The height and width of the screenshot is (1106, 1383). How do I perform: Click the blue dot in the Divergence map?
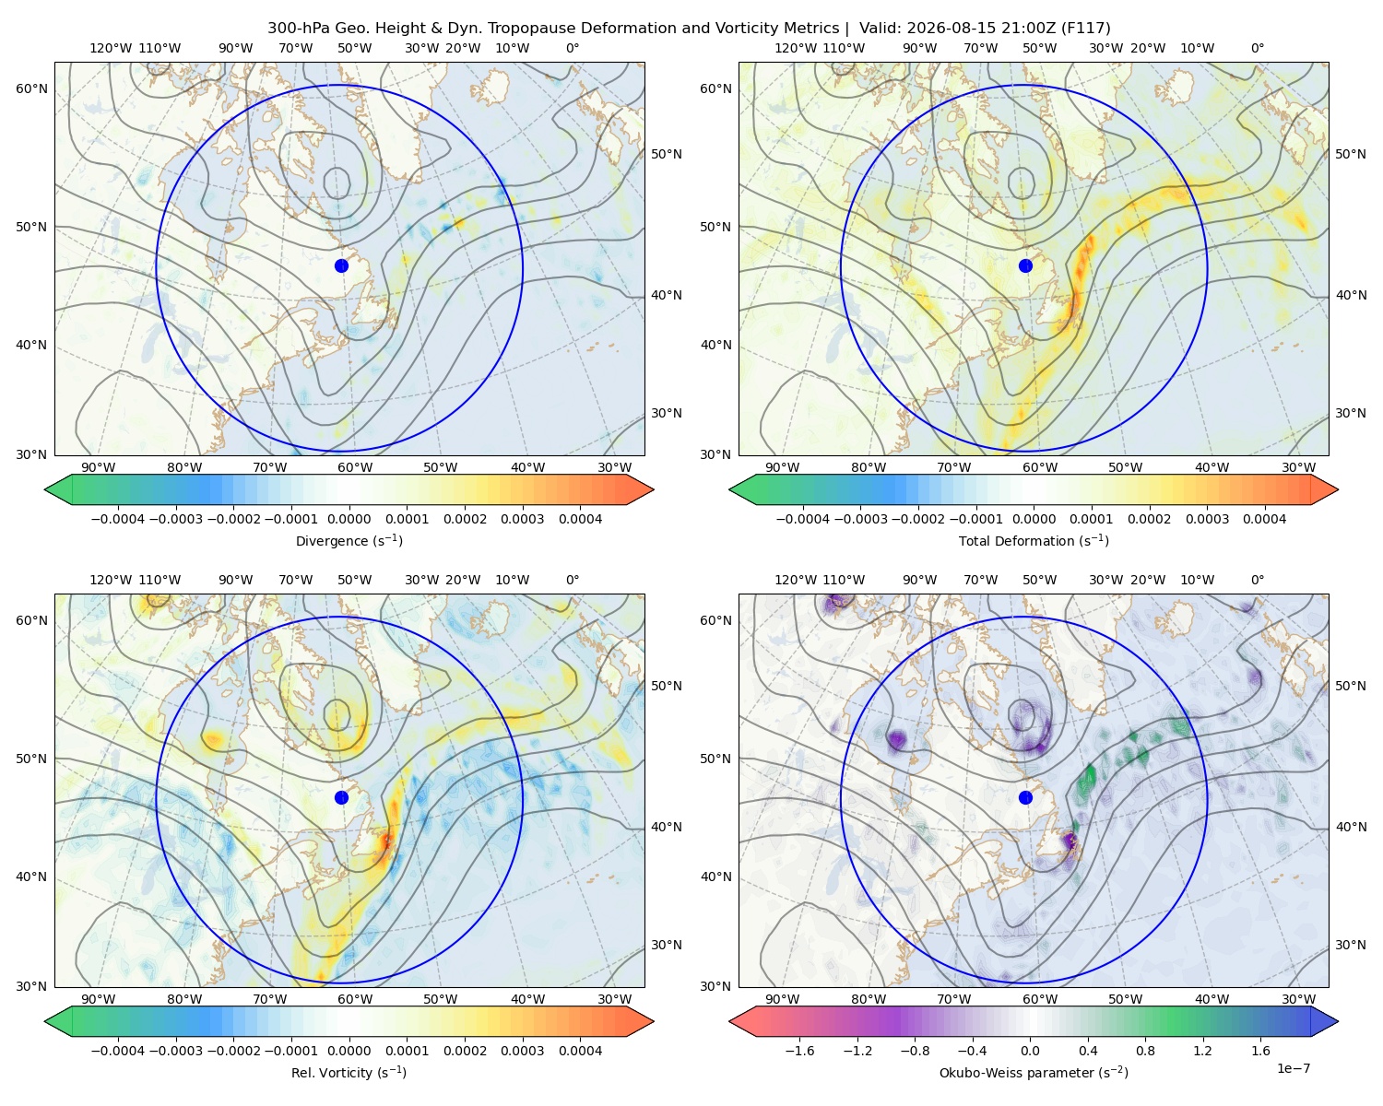pos(341,266)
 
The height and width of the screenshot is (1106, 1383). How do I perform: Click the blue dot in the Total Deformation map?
pos(1025,266)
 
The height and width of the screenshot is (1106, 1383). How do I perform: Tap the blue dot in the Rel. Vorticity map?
pos(341,797)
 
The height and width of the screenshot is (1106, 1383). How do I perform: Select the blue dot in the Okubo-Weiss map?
pos(1025,797)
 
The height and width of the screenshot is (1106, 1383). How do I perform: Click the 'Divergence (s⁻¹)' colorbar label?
pos(349,540)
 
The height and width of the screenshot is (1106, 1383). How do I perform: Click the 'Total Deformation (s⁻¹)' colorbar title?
pos(1034,540)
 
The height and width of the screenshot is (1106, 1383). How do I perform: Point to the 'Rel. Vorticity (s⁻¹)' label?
pos(349,1072)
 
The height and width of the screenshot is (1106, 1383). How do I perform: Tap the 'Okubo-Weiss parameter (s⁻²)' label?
pos(1034,1072)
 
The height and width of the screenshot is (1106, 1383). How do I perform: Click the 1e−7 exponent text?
pos(1293,1068)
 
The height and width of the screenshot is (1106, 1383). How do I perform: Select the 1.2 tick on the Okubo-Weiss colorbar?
pos(1202,1051)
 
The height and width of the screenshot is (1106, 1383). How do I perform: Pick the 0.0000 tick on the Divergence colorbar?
pos(349,519)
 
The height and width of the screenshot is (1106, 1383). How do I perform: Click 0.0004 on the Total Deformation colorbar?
pos(1264,519)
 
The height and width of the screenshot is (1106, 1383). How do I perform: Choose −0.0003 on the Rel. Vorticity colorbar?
pos(175,1051)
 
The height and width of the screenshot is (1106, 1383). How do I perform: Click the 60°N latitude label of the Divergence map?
pos(31,88)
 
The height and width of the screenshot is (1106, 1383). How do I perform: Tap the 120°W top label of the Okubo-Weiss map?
pos(796,580)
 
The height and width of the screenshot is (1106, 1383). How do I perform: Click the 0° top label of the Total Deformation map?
pos(1258,48)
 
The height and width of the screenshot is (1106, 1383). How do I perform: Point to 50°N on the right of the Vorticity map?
pos(667,686)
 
